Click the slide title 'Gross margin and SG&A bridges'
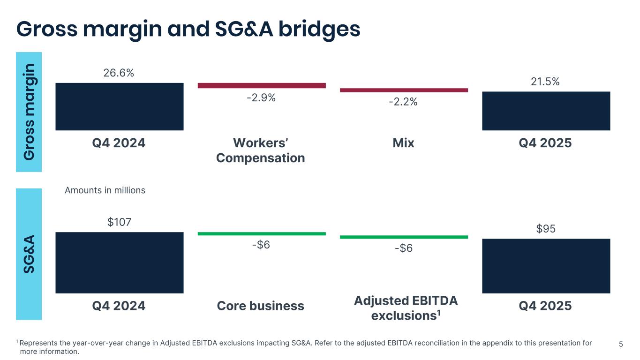188,29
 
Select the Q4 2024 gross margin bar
119,106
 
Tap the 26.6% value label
119,73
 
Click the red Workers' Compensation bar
261,85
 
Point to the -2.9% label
261,98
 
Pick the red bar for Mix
403,90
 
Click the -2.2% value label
403,102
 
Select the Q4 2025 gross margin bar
546,111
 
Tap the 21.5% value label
545,82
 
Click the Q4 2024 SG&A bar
119,262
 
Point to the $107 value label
119,222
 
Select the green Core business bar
261,233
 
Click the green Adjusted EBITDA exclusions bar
403,237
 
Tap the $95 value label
545,229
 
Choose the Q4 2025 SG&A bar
546,266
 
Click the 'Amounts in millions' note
105,190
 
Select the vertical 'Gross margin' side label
29,112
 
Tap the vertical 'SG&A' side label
29,254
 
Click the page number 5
621,345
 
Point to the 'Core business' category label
260,306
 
